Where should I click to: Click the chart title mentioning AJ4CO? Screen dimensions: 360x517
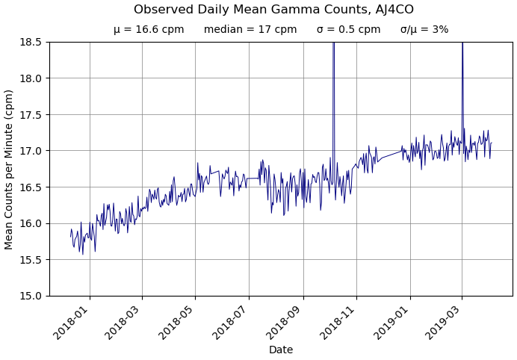click(x=273, y=10)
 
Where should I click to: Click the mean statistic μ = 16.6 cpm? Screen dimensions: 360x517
click(x=149, y=30)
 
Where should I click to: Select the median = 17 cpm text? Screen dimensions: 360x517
click(x=250, y=30)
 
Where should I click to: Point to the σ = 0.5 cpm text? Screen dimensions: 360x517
click(x=348, y=30)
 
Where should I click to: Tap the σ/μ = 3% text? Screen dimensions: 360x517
click(x=424, y=30)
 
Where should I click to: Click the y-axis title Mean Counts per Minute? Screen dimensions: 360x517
click(x=10, y=169)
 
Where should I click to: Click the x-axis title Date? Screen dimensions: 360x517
click(x=281, y=350)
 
